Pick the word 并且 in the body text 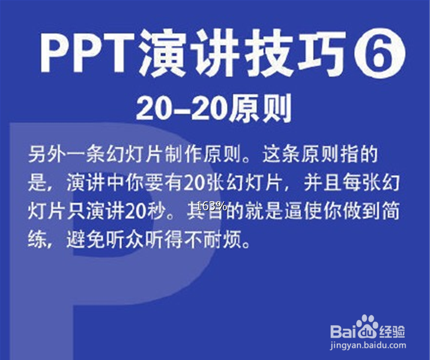coord(309,184)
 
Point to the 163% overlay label coord(211,206)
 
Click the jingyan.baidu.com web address coord(367,346)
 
